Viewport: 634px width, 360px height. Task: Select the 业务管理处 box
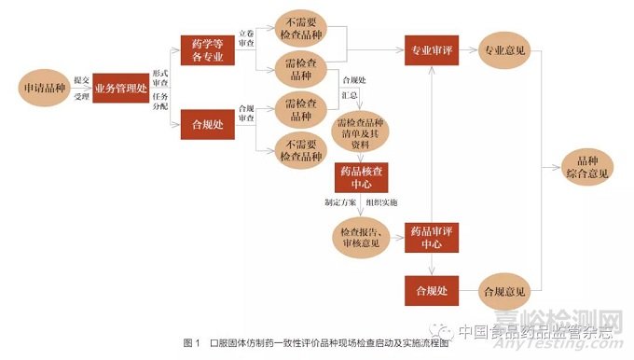click(x=120, y=87)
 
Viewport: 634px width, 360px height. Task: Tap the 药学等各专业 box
click(x=206, y=49)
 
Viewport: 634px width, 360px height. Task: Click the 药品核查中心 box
click(x=358, y=176)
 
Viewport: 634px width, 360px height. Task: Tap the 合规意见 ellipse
click(x=504, y=291)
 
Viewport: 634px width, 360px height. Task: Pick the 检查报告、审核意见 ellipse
click(x=358, y=237)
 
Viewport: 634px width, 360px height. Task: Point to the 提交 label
click(x=81, y=78)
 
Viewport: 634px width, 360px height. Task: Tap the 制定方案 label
click(x=338, y=202)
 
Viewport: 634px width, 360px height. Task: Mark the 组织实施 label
click(x=382, y=202)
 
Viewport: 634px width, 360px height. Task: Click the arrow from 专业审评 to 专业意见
click(x=468, y=48)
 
